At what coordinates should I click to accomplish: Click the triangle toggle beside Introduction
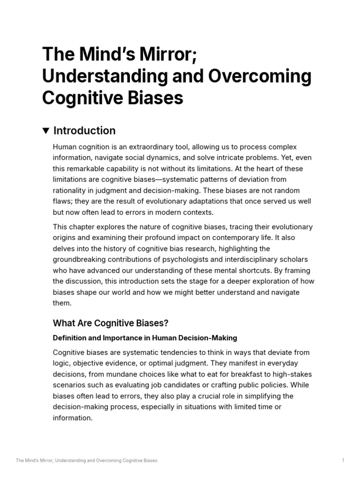(x=46, y=131)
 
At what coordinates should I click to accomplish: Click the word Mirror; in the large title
(x=162, y=54)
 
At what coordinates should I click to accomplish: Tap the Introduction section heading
(x=84, y=131)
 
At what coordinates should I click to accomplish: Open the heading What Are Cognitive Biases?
(x=111, y=323)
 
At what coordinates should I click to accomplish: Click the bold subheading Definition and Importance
(x=145, y=337)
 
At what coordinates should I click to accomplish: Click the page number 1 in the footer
(x=343, y=461)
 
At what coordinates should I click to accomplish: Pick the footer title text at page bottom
(x=87, y=461)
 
